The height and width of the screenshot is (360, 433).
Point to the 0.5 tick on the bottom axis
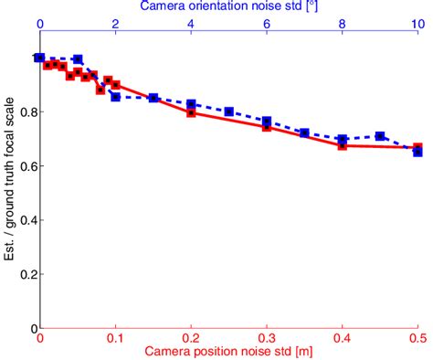417,337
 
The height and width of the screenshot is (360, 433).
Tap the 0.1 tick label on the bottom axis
115,337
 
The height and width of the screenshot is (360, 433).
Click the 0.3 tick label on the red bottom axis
266,337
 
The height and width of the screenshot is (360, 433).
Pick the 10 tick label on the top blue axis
417,25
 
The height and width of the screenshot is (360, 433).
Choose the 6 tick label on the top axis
266,25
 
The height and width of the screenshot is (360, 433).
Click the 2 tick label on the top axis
115,25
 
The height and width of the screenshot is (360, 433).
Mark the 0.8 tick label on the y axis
23,112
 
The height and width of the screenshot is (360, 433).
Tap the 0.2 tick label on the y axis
23,275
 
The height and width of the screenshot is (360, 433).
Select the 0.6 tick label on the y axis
23,166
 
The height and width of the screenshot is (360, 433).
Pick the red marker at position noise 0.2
191,112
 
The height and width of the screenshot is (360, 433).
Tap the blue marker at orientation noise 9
380,136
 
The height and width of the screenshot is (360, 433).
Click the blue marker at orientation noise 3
153,98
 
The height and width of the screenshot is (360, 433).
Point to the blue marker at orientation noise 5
228,111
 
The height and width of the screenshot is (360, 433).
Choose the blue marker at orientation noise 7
304,133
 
